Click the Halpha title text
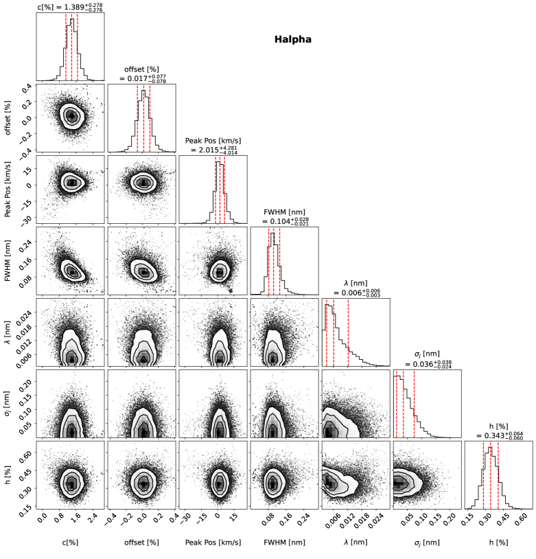click(x=293, y=40)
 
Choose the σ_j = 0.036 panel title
click(x=426, y=360)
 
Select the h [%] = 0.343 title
click(x=498, y=431)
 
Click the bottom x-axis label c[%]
click(x=69, y=542)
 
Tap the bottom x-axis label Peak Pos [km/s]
click(x=213, y=542)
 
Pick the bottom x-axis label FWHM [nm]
click(x=284, y=542)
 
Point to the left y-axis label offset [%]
click(x=8, y=117)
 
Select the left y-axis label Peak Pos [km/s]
click(x=8, y=188)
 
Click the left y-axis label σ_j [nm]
click(x=8, y=402)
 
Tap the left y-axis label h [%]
click(x=8, y=473)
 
